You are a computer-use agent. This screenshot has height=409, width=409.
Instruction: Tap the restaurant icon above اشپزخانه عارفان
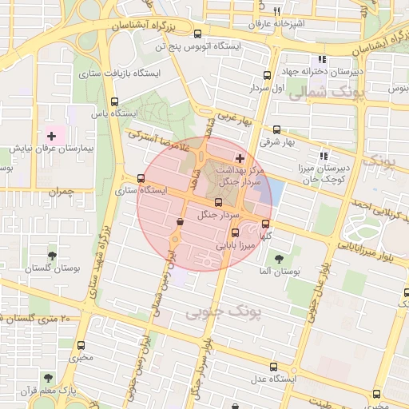(276, 11)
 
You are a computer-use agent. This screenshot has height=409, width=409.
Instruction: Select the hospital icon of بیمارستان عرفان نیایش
(52, 137)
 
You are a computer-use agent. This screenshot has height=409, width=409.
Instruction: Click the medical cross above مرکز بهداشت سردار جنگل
(239, 159)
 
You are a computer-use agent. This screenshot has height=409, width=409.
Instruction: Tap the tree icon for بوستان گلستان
(52, 256)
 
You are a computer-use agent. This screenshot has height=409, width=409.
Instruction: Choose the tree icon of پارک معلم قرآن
(50, 376)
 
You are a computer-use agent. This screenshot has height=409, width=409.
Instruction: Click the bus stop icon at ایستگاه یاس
(114, 101)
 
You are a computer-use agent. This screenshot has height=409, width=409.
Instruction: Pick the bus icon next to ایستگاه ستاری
(141, 178)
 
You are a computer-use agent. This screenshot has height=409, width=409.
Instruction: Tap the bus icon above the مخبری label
(81, 345)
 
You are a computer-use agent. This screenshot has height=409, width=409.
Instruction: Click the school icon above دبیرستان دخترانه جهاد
(322, 59)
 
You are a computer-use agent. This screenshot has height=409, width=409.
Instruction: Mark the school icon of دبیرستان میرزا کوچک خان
(324, 156)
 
